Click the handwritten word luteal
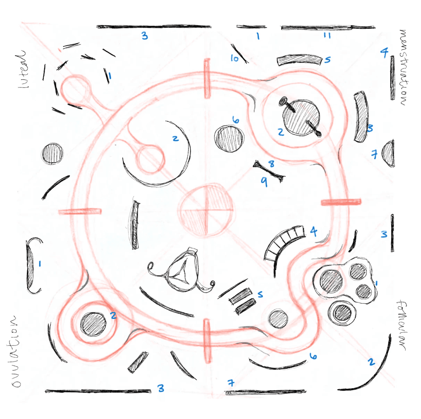tap(22, 69)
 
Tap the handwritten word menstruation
tap(404, 68)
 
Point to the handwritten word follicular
tap(402, 325)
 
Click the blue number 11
tap(327, 36)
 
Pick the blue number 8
tap(271, 164)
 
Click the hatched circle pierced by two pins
tap(301, 117)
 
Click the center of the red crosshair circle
tap(206, 210)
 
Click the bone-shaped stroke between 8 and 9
tap(269, 171)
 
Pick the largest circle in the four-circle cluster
tap(331, 281)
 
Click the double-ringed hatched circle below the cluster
tap(342, 313)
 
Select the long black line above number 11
tap(328, 28)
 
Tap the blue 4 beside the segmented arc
tap(314, 231)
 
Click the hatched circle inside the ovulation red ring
tap(93, 324)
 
